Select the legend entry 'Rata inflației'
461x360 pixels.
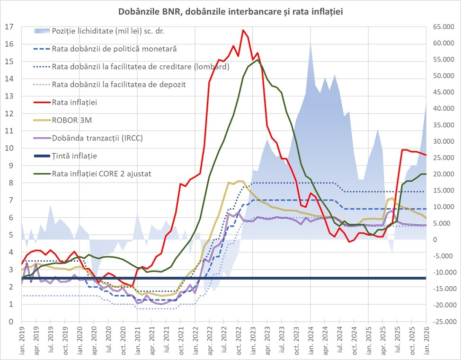tap(76, 102)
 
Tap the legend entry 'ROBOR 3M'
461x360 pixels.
tap(71, 120)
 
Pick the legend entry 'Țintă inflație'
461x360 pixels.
tap(75, 156)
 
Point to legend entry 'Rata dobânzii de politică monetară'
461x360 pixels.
tap(115, 49)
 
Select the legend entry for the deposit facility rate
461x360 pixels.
tap(119, 84)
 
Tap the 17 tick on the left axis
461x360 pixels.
tap(9, 27)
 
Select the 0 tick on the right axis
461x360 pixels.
tap(433, 239)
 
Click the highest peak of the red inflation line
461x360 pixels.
tap(243, 30)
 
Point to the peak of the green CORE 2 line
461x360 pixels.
tap(257, 60)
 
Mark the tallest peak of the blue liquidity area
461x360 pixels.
tap(310, 44)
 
